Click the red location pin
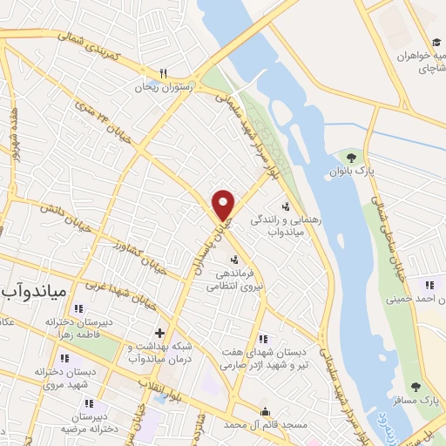(x=224, y=204)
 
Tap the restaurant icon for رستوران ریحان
(x=162, y=74)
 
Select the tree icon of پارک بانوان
(x=351, y=158)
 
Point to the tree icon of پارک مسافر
(x=415, y=386)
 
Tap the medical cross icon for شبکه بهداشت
(x=159, y=332)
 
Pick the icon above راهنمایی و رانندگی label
(x=286, y=206)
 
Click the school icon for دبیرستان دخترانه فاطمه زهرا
(x=78, y=307)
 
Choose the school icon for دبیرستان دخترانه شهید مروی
(x=64, y=358)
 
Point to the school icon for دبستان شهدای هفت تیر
(x=264, y=339)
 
